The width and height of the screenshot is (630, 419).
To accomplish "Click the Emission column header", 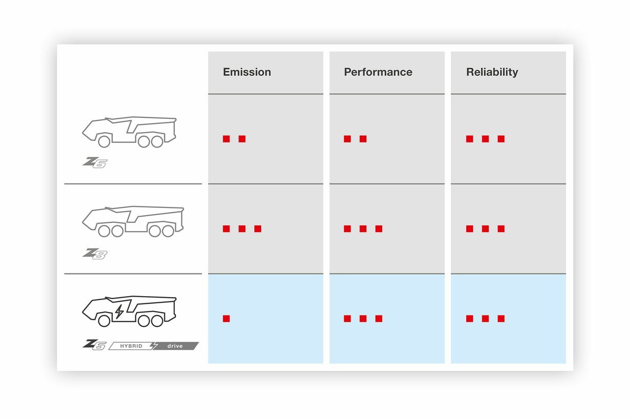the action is coord(247,72).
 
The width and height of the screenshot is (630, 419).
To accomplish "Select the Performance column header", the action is coord(378,72).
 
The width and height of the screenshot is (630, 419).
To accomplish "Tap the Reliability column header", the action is coord(492,72).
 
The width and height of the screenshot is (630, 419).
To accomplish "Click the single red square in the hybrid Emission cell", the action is coord(226,319).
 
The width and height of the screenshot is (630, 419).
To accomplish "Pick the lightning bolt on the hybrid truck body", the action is coord(120,311).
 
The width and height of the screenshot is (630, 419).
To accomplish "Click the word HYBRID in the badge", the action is coord(131,346).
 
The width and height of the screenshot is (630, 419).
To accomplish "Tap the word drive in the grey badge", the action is coord(175,346).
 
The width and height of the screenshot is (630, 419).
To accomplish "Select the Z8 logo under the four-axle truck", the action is coord(95,254).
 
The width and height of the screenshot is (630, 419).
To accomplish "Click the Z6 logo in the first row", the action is coord(95,162).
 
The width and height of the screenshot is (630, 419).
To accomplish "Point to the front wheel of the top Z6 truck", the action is coord(104,141).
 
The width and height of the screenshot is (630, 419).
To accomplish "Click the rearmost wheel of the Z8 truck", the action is coord(168,231).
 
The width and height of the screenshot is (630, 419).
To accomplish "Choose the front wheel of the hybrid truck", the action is coord(104,321).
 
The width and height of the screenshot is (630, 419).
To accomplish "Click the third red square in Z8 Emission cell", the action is coord(258,228).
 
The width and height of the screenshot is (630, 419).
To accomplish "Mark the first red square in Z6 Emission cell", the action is coord(226,139).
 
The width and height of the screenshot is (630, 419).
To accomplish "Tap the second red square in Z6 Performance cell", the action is coord(363,139).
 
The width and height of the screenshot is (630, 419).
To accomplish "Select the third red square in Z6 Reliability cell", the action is coord(501,139).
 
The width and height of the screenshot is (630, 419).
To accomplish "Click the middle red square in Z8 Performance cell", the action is coord(363,228).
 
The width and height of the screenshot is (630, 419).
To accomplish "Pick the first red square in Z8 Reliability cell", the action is coord(469,228).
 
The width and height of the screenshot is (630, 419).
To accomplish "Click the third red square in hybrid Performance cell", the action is coord(379,319).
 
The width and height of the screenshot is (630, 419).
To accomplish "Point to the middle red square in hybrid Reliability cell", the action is coord(485,319).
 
